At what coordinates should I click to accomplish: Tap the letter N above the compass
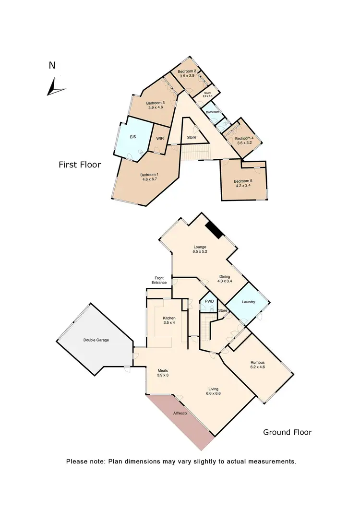[x=52, y=66]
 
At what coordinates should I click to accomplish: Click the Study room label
[x=207, y=93]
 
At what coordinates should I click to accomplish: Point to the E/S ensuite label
[x=133, y=137]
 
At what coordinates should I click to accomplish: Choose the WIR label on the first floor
[x=160, y=140]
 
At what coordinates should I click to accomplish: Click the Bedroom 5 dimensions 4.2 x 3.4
[x=243, y=187]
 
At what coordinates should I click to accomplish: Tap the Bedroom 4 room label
[x=243, y=138]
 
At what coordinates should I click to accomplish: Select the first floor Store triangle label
[x=192, y=138]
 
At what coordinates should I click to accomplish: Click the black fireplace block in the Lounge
[x=214, y=230]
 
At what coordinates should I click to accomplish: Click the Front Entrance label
[x=159, y=281]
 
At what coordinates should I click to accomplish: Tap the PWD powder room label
[x=209, y=301]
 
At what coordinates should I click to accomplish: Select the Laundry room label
[x=248, y=302]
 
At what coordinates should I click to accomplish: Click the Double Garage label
[x=96, y=340]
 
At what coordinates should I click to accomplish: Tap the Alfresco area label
[x=181, y=413]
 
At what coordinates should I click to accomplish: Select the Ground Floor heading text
[x=287, y=432]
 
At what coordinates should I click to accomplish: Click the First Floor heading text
[x=80, y=165]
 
